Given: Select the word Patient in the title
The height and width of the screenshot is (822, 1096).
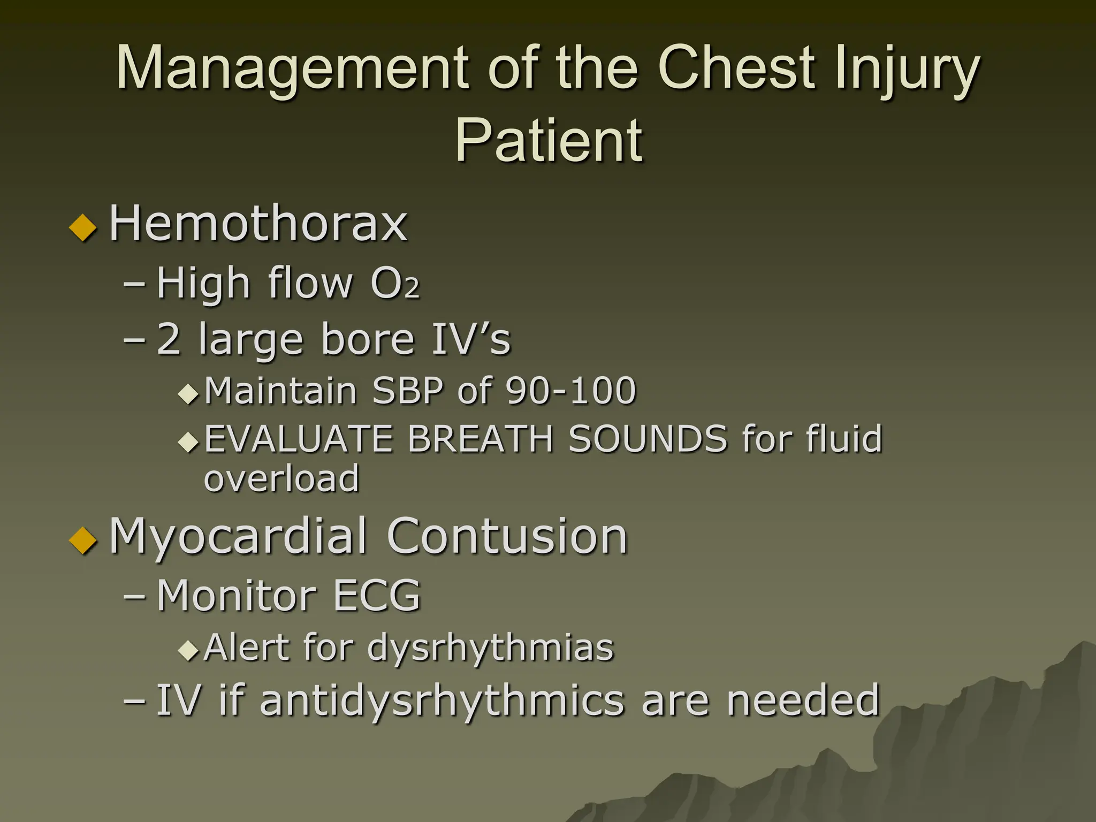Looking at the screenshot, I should click(549, 140).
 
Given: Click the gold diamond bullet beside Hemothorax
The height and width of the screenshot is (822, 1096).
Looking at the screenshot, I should click(83, 227).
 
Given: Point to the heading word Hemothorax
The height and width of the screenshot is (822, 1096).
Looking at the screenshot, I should click(258, 223).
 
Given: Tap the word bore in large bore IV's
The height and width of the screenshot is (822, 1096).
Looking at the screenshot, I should click(368, 339).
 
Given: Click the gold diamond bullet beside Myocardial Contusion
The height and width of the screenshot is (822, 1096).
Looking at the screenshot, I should click(83, 541).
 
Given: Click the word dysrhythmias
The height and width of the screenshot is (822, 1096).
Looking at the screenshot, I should click(490, 648).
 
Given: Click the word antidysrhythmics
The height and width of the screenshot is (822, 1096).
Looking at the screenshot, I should click(442, 700).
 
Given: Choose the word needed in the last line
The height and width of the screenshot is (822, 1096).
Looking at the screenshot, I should click(803, 700).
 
